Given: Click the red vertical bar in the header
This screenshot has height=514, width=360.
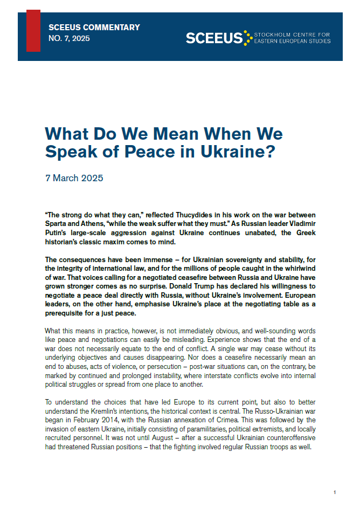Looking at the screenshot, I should tap(33, 31).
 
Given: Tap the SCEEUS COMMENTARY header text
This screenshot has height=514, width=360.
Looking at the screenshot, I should tap(94, 28).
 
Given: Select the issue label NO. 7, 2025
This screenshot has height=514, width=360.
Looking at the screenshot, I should tap(69, 38).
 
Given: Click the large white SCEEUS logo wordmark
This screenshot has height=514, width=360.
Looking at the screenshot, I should tap(214, 38).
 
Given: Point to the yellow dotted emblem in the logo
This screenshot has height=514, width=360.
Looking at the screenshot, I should tap(248, 38).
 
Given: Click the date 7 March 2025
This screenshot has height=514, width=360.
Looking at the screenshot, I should tap(74, 178).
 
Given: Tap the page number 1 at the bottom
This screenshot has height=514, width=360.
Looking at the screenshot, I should tap(335, 492).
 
